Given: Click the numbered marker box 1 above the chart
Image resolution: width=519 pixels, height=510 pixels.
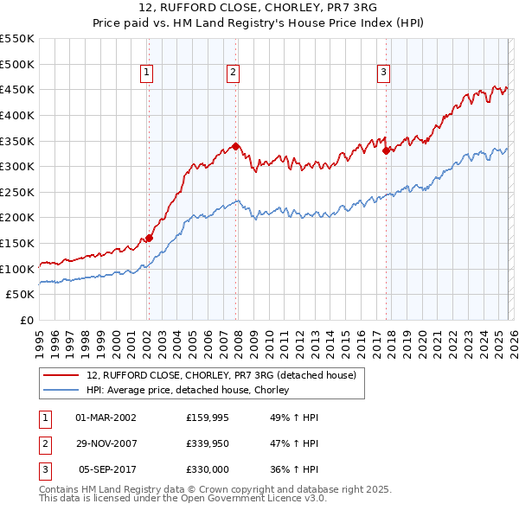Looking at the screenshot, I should pos(148,73).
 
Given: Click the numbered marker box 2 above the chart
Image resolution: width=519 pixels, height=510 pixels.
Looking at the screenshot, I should pos(234,73).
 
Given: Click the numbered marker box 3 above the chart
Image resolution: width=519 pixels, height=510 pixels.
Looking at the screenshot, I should pos(383,73).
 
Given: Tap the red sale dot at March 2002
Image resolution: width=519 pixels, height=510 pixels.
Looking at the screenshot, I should pos(149,238).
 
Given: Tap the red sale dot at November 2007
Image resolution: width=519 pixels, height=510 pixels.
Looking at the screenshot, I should pos(235,146).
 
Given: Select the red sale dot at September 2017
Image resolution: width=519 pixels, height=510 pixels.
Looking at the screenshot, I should pos(386,150).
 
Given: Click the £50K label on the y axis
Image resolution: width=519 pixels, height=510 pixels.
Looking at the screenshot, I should pos(21,295).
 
